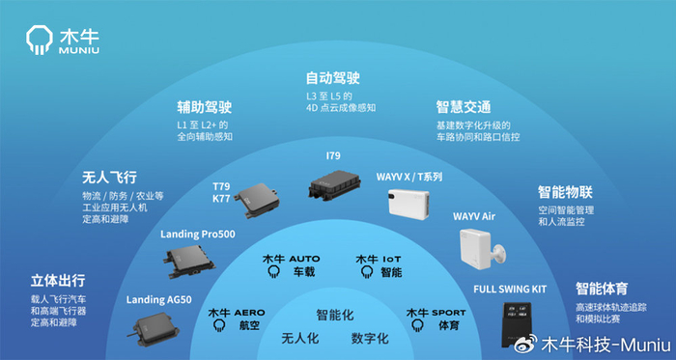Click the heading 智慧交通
[x=464, y=107]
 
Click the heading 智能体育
[x=605, y=288]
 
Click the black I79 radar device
[x=338, y=183]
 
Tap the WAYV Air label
[x=473, y=216]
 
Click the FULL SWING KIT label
[x=510, y=290]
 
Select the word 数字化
[x=370, y=339]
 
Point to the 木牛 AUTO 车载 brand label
[x=291, y=265]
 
